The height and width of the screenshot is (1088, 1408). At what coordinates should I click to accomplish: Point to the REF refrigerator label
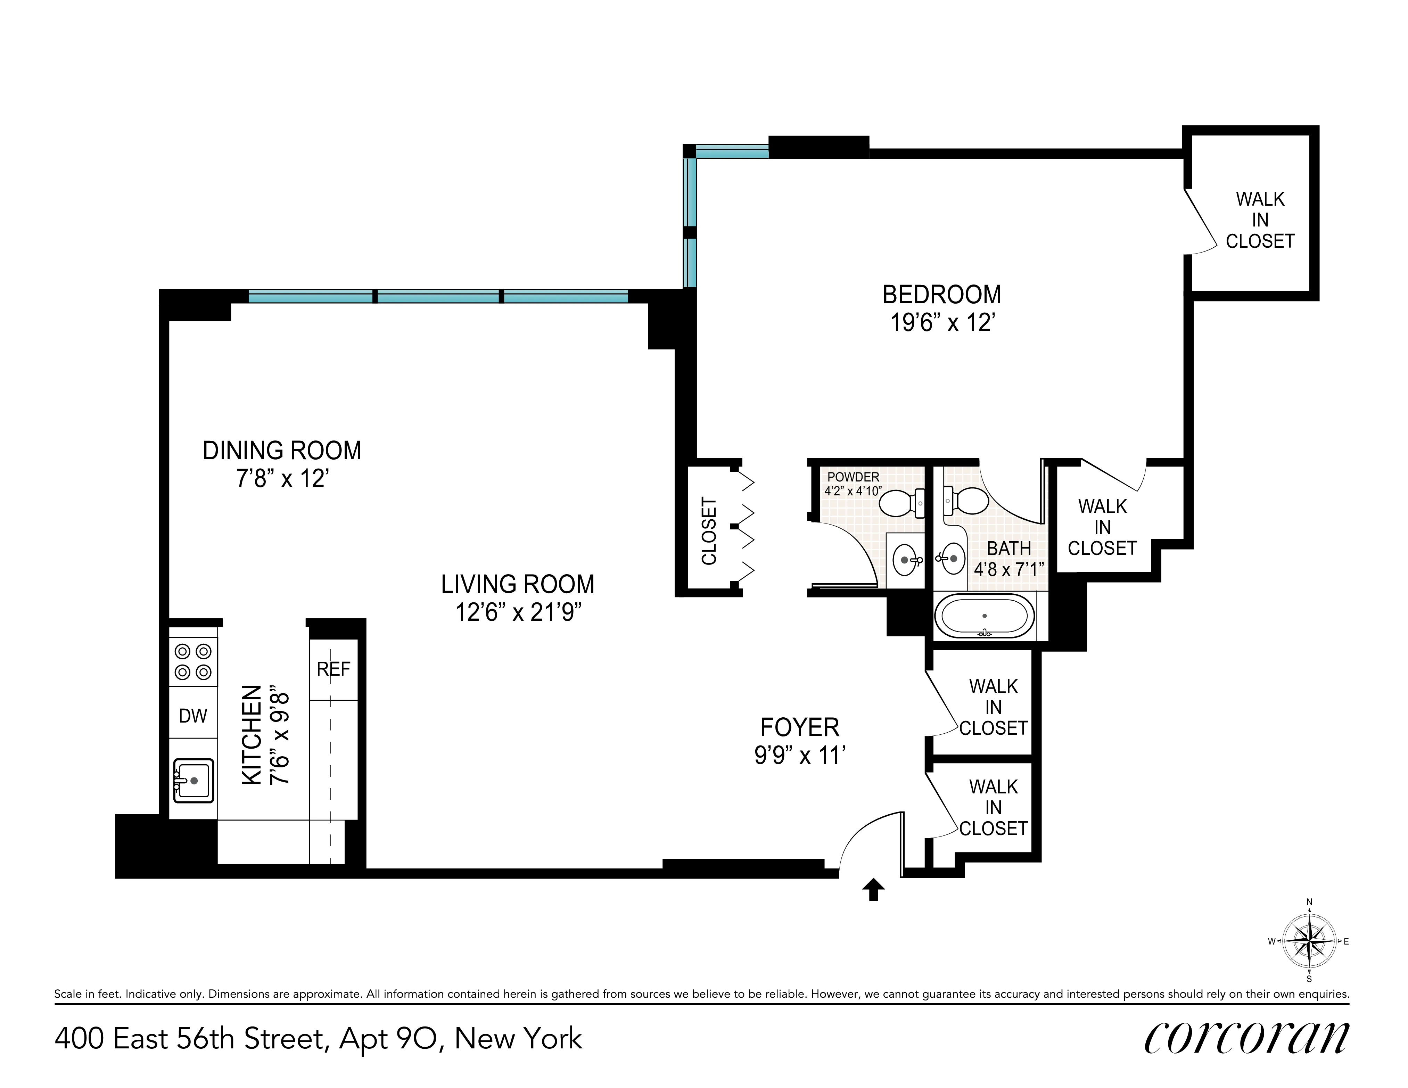333,669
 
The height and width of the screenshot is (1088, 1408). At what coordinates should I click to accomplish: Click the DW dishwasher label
193,716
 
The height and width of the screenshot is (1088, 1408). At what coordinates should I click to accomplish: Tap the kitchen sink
194,781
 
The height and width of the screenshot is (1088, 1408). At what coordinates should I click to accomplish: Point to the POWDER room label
853,477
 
